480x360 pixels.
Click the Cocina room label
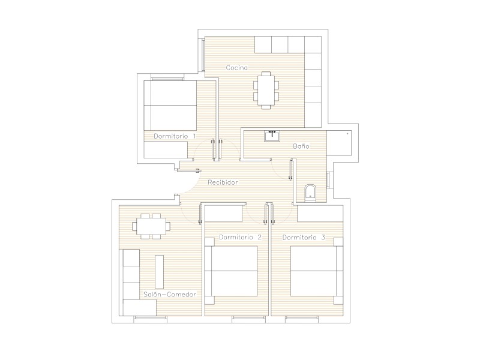236,68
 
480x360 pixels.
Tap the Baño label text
301,146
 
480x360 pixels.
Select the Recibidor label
223,182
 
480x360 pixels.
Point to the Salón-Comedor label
170,295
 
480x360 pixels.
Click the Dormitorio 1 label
175,136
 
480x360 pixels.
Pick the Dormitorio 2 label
241,237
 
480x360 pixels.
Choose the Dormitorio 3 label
304,238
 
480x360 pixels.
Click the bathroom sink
272,136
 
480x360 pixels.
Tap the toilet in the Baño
310,193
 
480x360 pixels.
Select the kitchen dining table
266,90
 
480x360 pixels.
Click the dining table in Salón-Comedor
151,226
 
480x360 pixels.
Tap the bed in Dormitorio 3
317,271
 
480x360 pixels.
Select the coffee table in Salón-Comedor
159,272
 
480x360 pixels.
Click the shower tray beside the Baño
339,143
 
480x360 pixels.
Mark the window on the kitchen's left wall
203,55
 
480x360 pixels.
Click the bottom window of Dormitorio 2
248,320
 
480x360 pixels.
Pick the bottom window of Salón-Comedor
151,320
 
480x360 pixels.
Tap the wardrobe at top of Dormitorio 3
320,214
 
